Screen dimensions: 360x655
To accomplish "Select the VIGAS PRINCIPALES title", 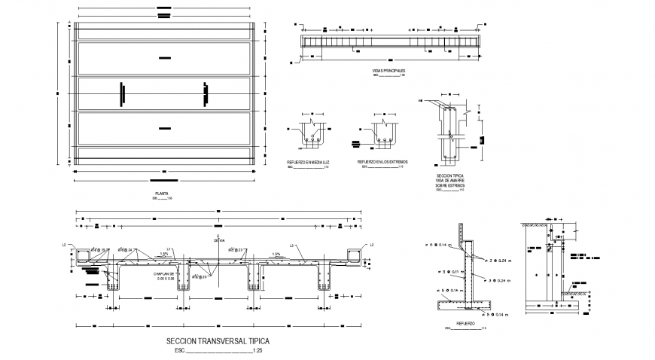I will click(x=389, y=70).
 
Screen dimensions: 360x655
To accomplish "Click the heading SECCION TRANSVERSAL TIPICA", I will click(x=217, y=341).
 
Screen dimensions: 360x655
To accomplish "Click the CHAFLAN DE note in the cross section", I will click(x=165, y=273).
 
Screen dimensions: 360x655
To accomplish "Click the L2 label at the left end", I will click(x=65, y=245).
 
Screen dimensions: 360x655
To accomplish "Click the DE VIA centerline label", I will click(x=218, y=243).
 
